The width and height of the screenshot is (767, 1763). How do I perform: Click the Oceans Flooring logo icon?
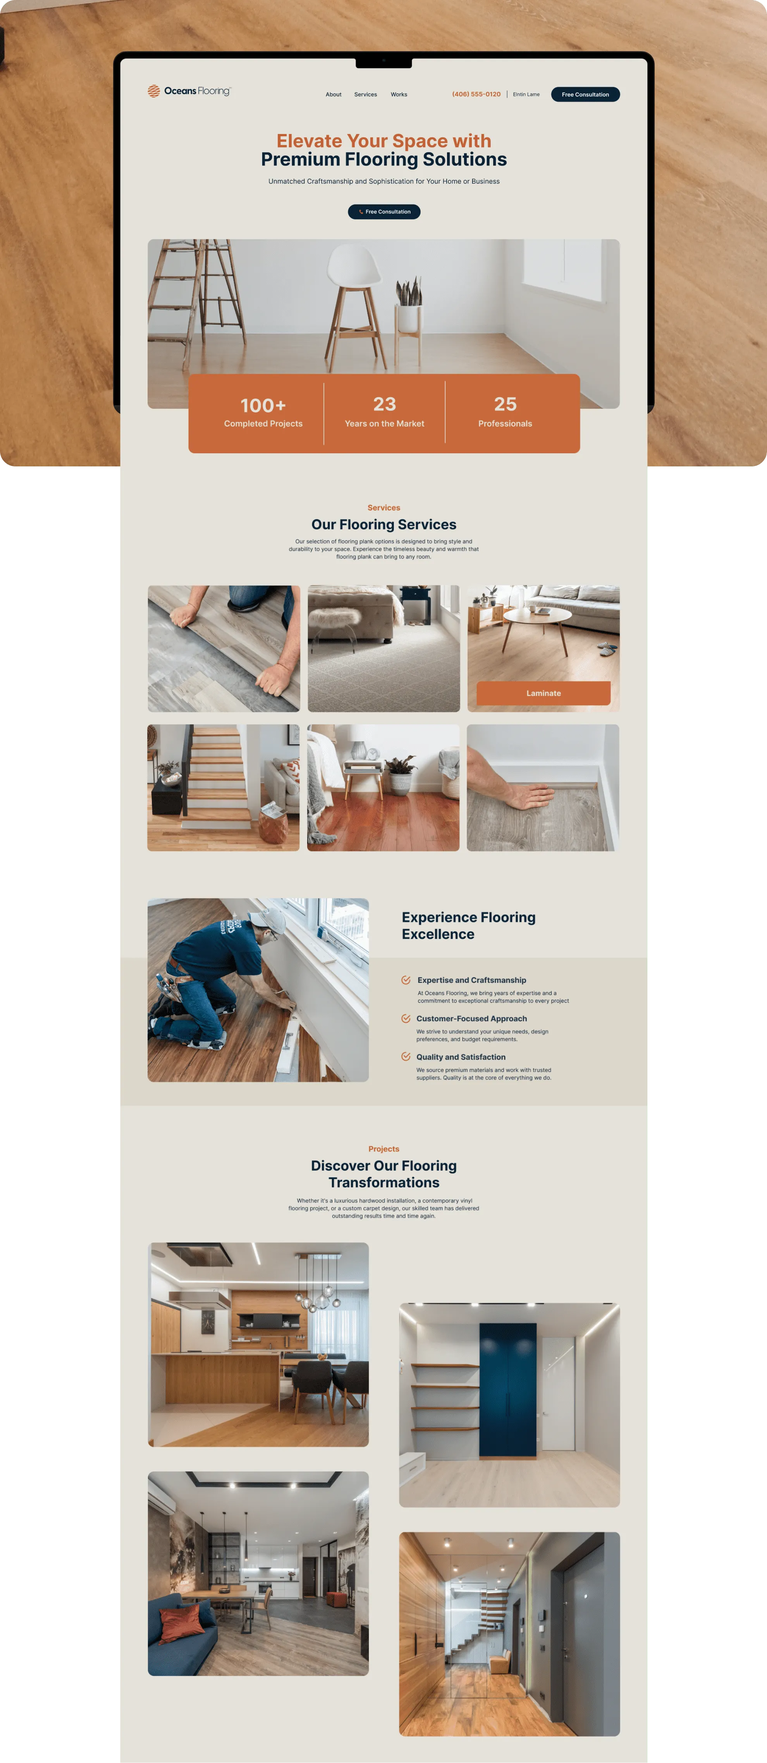pos(154,91)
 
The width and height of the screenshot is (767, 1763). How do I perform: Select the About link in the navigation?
pos(333,95)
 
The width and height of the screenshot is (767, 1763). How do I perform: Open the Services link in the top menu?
pos(365,95)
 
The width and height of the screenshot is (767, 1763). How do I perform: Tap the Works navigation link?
pos(399,95)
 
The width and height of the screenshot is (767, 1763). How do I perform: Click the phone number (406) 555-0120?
pos(476,95)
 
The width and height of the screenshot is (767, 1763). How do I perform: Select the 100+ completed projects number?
pos(263,405)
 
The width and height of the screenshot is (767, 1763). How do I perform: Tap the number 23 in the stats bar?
pos(385,404)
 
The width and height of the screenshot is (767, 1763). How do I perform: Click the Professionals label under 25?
pos(505,424)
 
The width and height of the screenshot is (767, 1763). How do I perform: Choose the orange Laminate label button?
pos(543,693)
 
